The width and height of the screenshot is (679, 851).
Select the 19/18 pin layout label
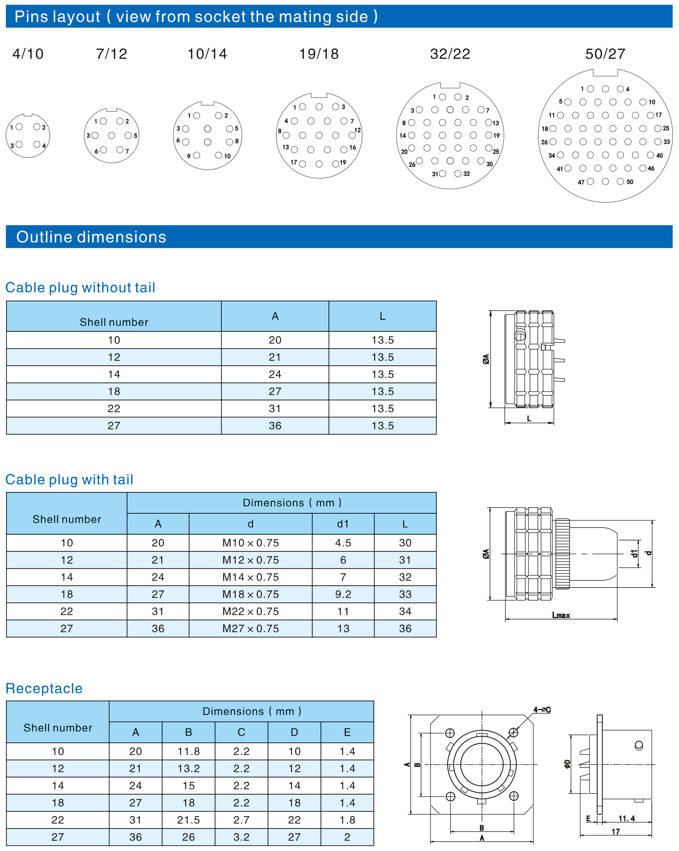pos(319,54)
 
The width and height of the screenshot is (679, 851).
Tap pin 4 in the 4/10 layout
pos(37,144)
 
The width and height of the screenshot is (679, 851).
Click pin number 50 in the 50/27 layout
pos(621,181)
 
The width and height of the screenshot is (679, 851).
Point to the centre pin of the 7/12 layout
pos(112,135)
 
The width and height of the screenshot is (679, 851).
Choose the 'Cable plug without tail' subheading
pos(80,287)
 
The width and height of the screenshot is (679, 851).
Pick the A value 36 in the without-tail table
pos(275,426)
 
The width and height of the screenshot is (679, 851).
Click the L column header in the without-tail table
pos(382,316)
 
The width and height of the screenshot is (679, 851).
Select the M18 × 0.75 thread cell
pos(250,594)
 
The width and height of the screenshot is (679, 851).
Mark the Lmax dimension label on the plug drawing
pos(561,615)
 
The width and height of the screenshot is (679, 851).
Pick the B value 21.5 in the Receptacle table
pos(188,820)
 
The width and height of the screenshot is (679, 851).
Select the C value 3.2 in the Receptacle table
pos(241,837)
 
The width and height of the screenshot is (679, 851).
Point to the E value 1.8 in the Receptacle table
pos(347,820)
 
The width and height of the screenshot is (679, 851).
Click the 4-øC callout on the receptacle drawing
pos(542,710)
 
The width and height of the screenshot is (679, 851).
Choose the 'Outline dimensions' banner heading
pos(91,237)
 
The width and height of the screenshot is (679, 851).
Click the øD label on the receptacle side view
pos(567,764)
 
